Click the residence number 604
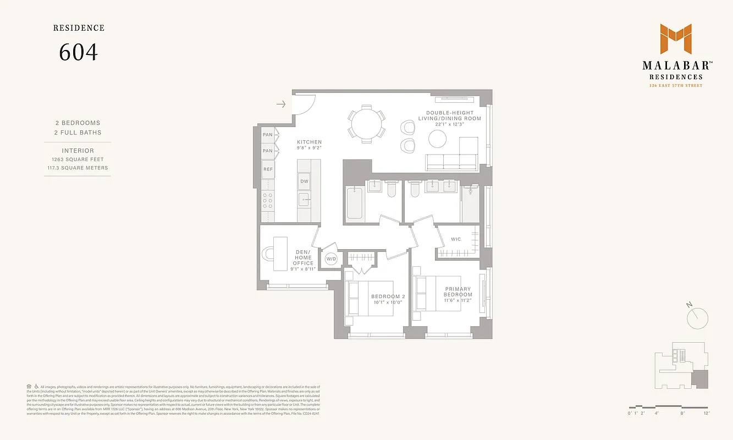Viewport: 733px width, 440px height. (78, 52)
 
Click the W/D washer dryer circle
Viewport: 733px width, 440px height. (331, 258)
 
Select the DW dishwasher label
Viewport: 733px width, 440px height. (304, 181)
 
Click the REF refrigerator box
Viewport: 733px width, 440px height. (268, 170)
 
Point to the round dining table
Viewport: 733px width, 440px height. (365, 124)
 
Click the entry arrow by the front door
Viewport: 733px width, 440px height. (280, 104)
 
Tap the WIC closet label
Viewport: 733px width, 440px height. (456, 239)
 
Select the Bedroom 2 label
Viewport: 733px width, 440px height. (388, 296)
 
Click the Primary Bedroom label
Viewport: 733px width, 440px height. (458, 291)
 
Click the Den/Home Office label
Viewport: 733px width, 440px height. (303, 257)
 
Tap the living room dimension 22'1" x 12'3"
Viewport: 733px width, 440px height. (450, 125)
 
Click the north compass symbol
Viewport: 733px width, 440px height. (698, 316)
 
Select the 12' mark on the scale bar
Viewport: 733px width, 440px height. (706, 413)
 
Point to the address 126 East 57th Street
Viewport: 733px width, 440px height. (675, 86)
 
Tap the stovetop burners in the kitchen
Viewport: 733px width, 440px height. (268, 202)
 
